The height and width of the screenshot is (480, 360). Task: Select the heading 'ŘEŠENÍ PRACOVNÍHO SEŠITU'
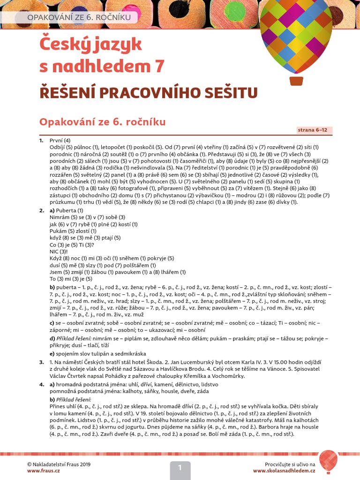pos(149,92)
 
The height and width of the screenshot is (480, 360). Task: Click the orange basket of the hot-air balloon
pos(296,81)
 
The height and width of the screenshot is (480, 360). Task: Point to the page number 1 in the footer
pos(180,467)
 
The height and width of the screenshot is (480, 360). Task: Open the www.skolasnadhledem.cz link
pos(284,471)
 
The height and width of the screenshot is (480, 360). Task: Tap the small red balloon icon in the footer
pos(328,461)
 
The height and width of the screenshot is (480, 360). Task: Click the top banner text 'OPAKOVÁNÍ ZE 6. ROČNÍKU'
pos(76,18)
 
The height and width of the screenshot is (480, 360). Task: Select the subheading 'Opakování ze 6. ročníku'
pos(103,122)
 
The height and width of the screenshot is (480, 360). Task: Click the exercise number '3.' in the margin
pos(42,362)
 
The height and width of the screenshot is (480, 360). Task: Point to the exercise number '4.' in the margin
pos(42,384)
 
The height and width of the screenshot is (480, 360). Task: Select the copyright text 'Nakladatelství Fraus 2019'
pos(61,464)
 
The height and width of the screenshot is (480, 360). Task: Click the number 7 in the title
pos(159,67)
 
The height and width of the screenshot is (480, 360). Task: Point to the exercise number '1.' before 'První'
pos(41,140)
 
